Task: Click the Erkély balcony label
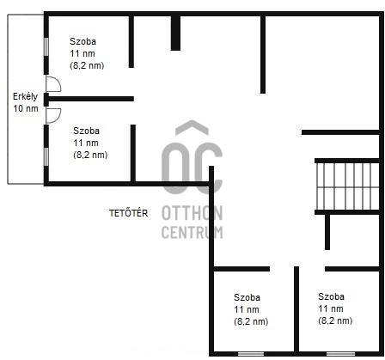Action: pos(25,96)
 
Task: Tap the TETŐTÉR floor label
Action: pos(129,213)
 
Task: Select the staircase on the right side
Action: pos(348,186)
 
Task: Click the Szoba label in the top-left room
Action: pos(82,41)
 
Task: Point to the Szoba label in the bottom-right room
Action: pos(331,296)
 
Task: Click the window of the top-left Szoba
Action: pos(46,46)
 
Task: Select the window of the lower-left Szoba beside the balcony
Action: pos(46,156)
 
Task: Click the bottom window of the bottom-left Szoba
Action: pos(251,354)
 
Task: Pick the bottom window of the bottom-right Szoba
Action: pos(340,354)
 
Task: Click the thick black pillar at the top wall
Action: pos(175,33)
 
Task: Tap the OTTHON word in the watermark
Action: pos(192,213)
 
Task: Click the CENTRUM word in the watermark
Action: pos(192,232)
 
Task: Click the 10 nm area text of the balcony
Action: pos(26,108)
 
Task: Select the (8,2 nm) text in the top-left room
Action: pos(87,65)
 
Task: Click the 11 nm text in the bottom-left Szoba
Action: pos(247,309)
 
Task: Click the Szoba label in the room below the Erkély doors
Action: pos(86,131)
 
